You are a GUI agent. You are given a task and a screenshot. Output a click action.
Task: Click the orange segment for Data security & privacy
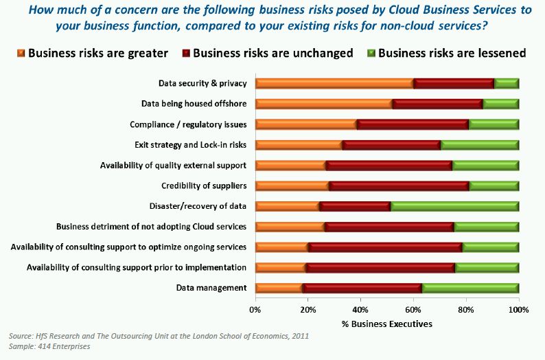(x=334, y=84)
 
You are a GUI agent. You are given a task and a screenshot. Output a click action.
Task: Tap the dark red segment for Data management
(x=363, y=288)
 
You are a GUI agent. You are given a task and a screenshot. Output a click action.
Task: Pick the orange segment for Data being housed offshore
(x=323, y=104)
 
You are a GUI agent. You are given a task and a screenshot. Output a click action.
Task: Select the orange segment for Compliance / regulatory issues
(x=306, y=124)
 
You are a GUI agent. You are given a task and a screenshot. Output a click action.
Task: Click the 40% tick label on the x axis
(x=361, y=310)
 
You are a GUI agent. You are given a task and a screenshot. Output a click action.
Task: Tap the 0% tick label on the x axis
(x=255, y=310)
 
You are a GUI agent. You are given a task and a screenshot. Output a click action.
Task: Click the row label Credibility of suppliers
(x=204, y=185)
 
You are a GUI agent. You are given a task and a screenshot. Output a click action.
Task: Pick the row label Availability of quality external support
(x=173, y=166)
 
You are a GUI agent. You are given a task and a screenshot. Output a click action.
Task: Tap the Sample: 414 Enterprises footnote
(x=50, y=346)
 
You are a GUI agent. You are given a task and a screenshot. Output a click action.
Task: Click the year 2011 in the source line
(x=299, y=336)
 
